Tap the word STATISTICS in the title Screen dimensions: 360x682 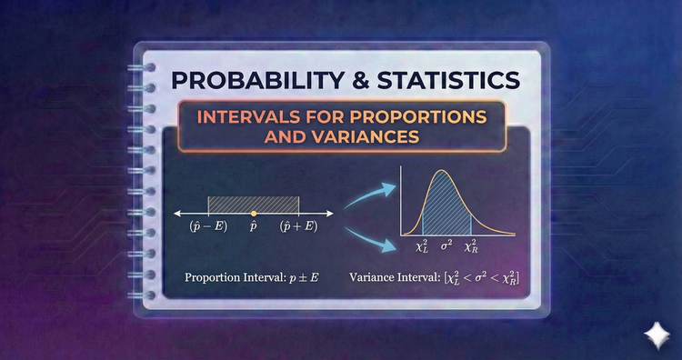click(449, 80)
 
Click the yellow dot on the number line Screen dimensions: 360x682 click(254, 213)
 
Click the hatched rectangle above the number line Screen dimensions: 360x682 click(254, 204)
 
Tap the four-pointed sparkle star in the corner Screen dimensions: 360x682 click(654, 334)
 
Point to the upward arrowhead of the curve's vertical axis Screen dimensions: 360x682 click(402, 168)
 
